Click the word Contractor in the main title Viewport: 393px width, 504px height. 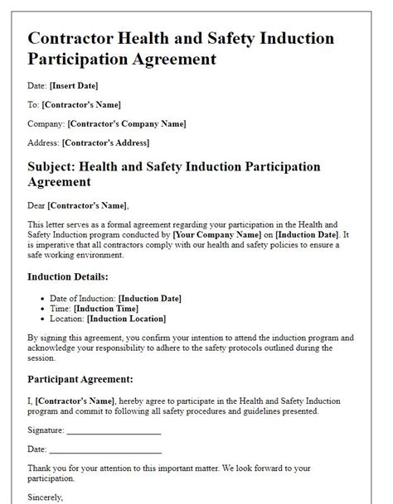[72, 39]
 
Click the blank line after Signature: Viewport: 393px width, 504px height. [114, 431]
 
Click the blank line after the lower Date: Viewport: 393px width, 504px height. [105, 449]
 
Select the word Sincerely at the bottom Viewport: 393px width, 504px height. [46, 497]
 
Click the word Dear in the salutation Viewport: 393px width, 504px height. [36, 204]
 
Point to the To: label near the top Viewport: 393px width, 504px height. [33, 105]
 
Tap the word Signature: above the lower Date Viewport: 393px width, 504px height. [46, 430]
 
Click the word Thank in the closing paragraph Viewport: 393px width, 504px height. [41, 468]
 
